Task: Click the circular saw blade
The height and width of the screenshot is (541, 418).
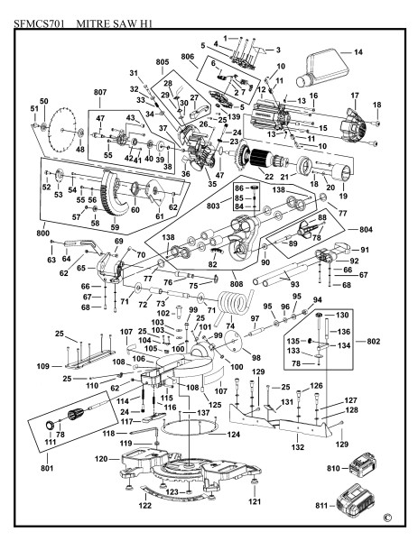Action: click(x=62, y=130)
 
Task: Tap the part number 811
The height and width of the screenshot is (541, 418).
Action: click(x=321, y=506)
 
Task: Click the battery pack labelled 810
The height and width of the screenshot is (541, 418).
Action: click(x=362, y=464)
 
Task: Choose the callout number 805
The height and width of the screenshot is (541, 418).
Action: click(x=162, y=62)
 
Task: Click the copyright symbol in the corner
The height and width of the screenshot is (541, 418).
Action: click(x=387, y=518)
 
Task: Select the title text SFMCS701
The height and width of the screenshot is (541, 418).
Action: click(x=39, y=23)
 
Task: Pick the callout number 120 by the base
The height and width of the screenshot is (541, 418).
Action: click(x=101, y=459)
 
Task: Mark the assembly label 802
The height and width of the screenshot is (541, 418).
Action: click(x=373, y=341)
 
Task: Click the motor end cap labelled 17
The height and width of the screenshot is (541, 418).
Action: click(x=353, y=125)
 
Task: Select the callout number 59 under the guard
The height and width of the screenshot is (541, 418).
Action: click(x=115, y=227)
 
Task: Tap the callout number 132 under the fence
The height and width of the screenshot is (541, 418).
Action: click(x=297, y=447)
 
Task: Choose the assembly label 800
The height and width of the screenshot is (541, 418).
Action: click(x=42, y=234)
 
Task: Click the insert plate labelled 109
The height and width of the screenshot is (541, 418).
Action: click(x=89, y=358)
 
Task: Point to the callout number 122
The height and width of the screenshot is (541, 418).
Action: click(x=145, y=506)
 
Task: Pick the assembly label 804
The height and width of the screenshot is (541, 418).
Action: click(x=366, y=229)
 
